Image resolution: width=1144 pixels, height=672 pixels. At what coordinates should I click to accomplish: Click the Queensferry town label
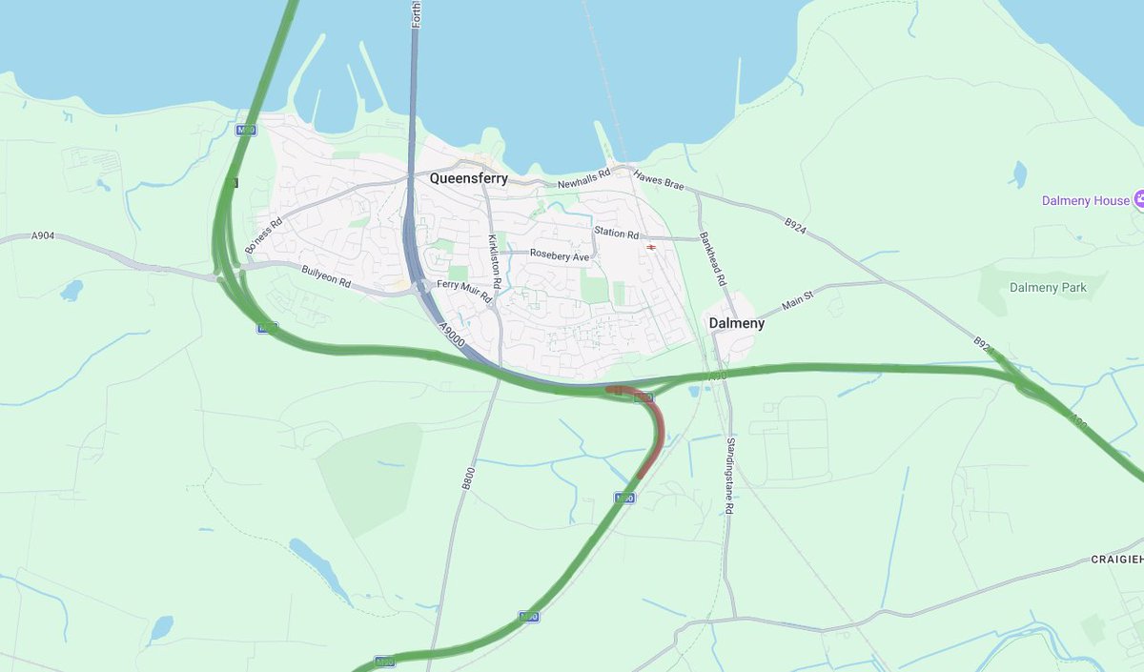(468, 178)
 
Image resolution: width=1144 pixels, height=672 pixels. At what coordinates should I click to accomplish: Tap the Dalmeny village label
(736, 323)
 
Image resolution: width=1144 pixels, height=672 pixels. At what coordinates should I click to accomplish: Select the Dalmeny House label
(1085, 201)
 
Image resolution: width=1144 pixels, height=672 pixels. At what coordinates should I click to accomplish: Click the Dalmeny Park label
(1049, 287)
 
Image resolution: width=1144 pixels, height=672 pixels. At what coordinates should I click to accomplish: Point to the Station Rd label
(616, 233)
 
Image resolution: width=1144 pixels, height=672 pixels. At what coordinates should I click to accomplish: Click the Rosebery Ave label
(561, 256)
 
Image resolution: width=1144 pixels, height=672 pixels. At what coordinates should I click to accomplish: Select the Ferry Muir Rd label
(464, 291)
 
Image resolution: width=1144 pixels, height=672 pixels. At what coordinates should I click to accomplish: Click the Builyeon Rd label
(326, 276)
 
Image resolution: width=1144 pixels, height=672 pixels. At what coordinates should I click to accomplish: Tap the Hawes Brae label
(659, 181)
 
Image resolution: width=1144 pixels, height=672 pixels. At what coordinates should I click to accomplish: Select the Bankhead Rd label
(713, 257)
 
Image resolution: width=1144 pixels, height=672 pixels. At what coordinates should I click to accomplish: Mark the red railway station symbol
(651, 247)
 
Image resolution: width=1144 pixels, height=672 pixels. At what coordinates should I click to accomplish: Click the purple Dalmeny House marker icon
(1138, 200)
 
